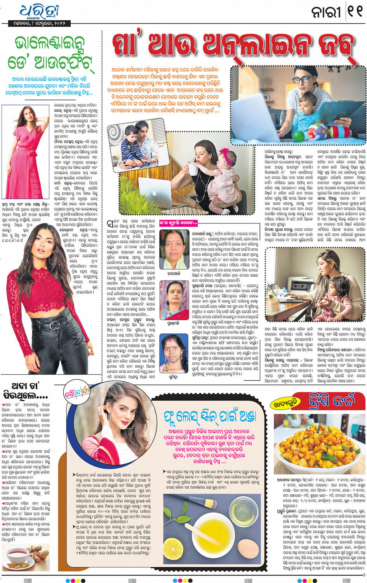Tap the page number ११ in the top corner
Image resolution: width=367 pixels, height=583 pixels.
pyautogui.click(x=354, y=12)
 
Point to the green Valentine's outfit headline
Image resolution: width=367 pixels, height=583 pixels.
pyautogui.click(x=50, y=53)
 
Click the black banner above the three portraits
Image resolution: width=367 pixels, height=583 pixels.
pyautogui.click(x=178, y=223)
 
